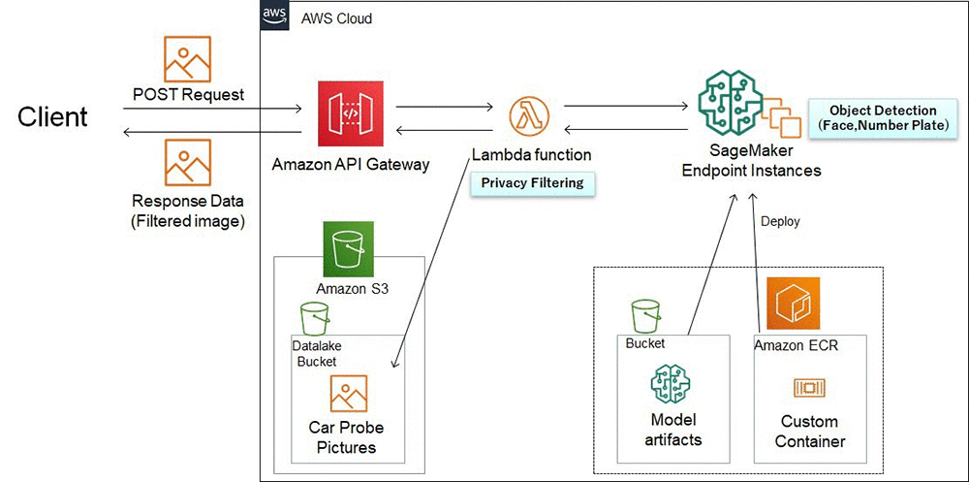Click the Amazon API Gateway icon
[x=350, y=115]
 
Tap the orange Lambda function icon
[x=529, y=116]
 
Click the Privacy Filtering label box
[x=531, y=182]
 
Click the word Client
[x=52, y=117]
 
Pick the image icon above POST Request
[x=188, y=59]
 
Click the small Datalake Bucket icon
[x=313, y=318]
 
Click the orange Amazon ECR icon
[x=794, y=304]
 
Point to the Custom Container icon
[x=807, y=388]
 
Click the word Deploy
[x=780, y=221]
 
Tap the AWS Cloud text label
[x=336, y=18]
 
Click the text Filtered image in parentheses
[x=188, y=220]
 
